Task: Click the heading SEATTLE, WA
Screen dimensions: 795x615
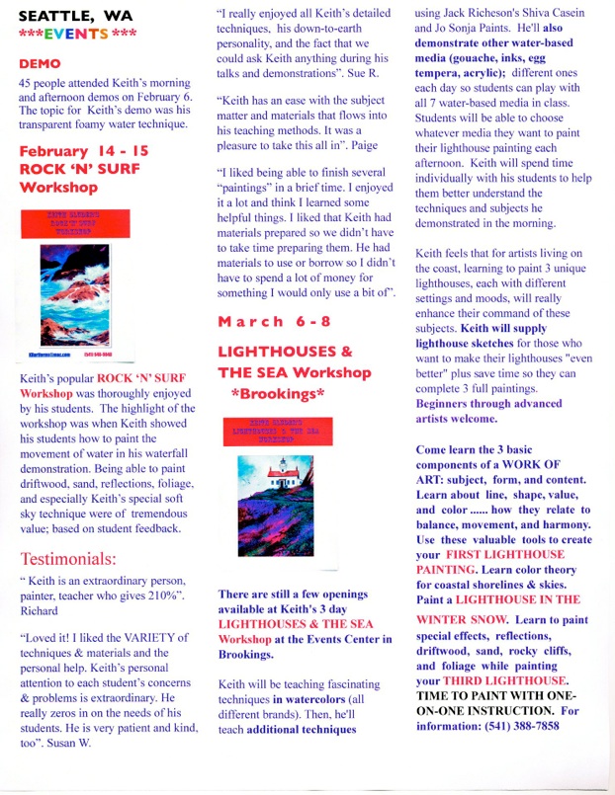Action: coord(68,15)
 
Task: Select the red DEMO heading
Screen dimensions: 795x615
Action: coord(40,63)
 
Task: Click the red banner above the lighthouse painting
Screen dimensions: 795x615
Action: coord(279,432)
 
